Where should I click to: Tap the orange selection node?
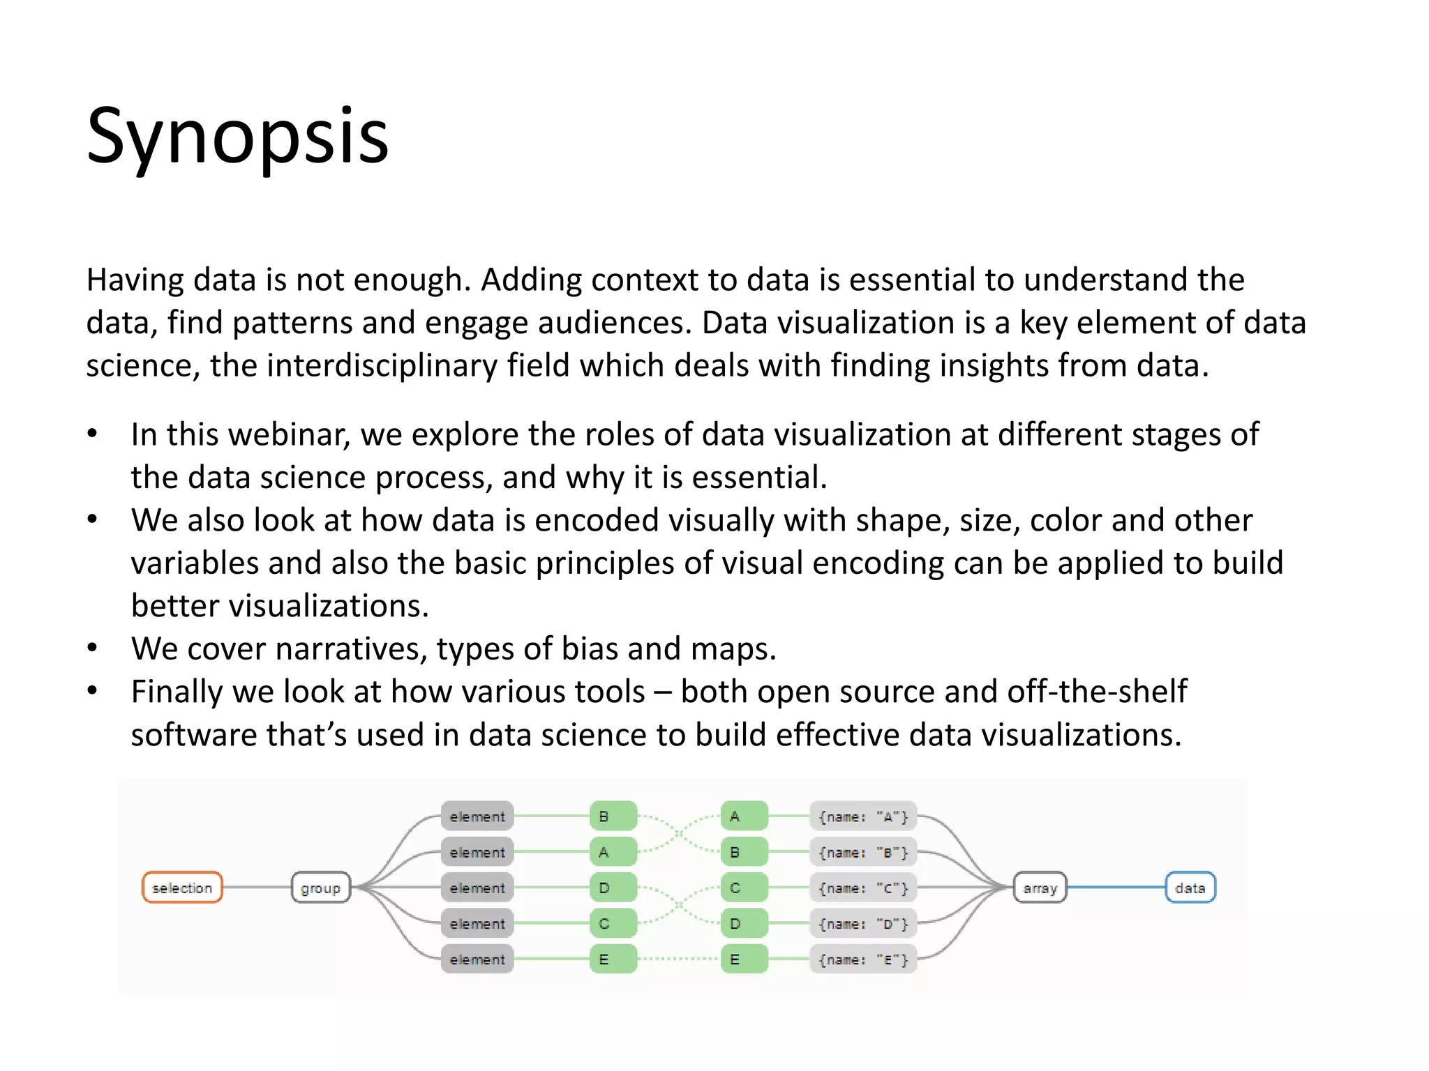point(182,888)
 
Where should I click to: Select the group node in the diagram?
point(320,888)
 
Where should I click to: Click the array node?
point(1040,888)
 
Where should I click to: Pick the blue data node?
point(1190,888)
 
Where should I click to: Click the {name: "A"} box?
point(863,816)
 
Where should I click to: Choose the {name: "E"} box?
point(863,959)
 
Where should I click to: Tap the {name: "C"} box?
point(863,888)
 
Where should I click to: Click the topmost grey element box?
point(477,816)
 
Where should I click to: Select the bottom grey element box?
point(477,959)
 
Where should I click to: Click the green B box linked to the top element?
point(613,816)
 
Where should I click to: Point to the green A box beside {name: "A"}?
point(744,816)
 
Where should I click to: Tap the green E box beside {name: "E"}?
point(744,959)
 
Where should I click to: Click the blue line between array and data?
point(1116,888)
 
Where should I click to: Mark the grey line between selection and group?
point(257,888)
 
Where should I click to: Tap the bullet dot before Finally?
point(92,691)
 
